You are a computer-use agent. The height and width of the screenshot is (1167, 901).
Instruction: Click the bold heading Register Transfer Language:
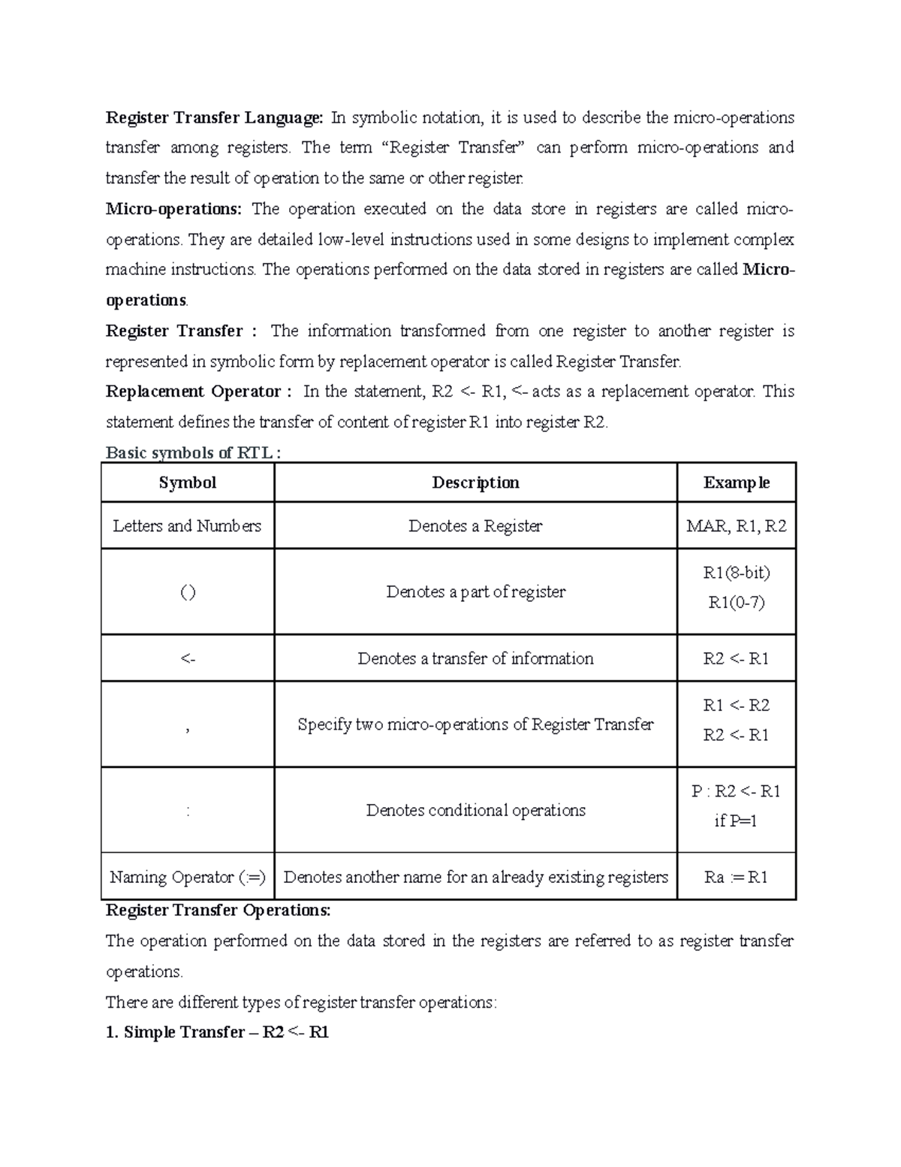click(x=214, y=118)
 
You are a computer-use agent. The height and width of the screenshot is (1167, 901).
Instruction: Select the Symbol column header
click(x=187, y=482)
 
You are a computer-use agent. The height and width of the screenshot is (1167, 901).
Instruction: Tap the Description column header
click(x=475, y=482)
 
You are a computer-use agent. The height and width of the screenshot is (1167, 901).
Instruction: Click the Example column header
click(x=736, y=482)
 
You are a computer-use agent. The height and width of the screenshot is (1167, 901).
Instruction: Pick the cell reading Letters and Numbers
click(x=187, y=526)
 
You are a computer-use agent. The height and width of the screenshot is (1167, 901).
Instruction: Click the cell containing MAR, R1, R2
click(x=736, y=526)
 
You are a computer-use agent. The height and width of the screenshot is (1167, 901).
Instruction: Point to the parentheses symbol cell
click(x=188, y=592)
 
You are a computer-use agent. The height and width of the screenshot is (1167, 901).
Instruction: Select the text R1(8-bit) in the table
click(x=736, y=573)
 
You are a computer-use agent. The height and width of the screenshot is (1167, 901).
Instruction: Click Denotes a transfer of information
click(x=475, y=659)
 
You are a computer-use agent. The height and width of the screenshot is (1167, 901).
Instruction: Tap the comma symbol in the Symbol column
click(x=187, y=727)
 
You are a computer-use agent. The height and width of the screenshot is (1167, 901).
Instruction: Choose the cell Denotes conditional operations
click(x=475, y=811)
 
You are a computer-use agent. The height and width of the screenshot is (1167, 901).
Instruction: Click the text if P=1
click(x=736, y=821)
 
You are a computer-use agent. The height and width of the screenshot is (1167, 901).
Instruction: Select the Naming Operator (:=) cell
click(x=188, y=878)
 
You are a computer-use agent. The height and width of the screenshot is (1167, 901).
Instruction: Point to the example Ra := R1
click(x=736, y=878)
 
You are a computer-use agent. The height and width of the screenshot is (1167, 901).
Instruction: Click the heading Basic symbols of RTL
click(x=194, y=453)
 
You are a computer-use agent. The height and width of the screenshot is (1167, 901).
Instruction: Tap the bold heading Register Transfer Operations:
click(x=218, y=911)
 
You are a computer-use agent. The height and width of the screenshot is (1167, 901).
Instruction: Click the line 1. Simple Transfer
click(x=217, y=1032)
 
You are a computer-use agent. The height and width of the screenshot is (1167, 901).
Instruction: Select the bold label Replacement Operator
click(x=193, y=392)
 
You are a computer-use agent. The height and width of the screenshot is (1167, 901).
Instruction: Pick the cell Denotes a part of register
click(x=475, y=592)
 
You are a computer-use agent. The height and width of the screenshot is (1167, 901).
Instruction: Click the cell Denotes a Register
click(x=475, y=526)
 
